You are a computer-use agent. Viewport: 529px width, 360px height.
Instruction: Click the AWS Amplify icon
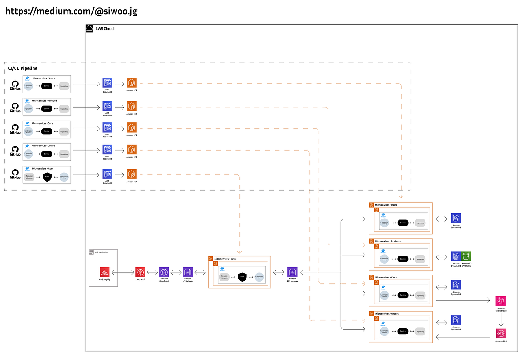pos(104,272)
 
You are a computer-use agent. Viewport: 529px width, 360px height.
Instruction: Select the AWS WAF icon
pos(140,272)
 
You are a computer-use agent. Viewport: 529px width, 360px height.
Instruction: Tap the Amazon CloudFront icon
pos(164,272)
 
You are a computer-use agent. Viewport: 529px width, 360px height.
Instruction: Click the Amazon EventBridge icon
pos(501,301)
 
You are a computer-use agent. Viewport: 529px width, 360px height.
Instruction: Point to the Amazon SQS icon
pos(501,333)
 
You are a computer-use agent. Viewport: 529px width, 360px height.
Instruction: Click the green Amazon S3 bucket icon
pos(466,256)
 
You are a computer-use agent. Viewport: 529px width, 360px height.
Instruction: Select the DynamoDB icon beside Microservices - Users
pos(456,218)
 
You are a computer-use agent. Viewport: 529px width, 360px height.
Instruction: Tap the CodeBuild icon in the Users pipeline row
pos(108,82)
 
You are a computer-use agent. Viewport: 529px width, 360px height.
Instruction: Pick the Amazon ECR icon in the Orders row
pos(131,149)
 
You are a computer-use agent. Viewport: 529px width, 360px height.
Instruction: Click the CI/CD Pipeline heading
pos(23,68)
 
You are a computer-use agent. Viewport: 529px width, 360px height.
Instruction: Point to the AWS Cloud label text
pos(104,29)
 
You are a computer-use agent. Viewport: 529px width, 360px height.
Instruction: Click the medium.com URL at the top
pos(71,11)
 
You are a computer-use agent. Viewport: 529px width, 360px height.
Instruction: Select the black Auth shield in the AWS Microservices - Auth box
pos(242,277)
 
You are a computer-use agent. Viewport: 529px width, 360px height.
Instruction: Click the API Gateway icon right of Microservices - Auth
pos(292,272)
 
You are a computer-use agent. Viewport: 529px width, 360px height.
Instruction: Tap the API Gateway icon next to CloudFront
pos(188,272)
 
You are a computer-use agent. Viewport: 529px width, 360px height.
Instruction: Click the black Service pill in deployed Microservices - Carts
pos(402,295)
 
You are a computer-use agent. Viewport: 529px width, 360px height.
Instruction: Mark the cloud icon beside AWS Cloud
pos(89,29)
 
